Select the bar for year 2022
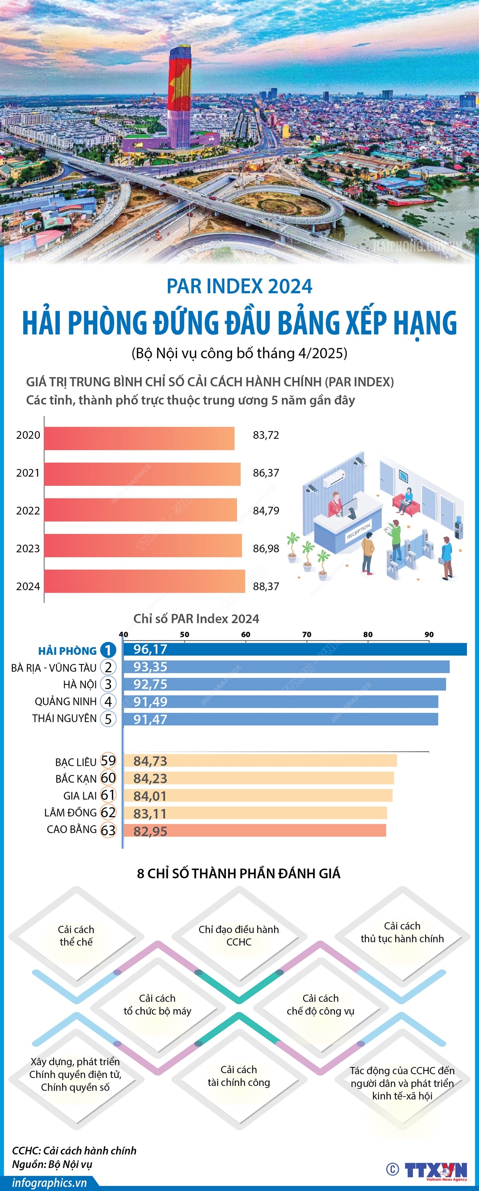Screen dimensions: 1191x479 click(141, 510)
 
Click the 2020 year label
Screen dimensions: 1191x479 click(28, 435)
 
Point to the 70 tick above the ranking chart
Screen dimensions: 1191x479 click(307, 634)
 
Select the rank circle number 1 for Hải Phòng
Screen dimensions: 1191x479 click(108, 650)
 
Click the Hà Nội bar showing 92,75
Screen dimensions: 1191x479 click(284, 684)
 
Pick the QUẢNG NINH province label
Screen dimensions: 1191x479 click(65, 702)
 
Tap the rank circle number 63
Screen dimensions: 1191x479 click(108, 830)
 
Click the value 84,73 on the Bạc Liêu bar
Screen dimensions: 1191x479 click(150, 761)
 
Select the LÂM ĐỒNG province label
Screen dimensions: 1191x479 click(70, 812)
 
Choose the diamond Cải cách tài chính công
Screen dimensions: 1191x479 click(238, 1076)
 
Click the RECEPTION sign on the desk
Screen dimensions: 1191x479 click(358, 531)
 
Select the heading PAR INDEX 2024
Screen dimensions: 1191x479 click(239, 286)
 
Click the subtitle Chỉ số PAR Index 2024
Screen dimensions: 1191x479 click(196, 618)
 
